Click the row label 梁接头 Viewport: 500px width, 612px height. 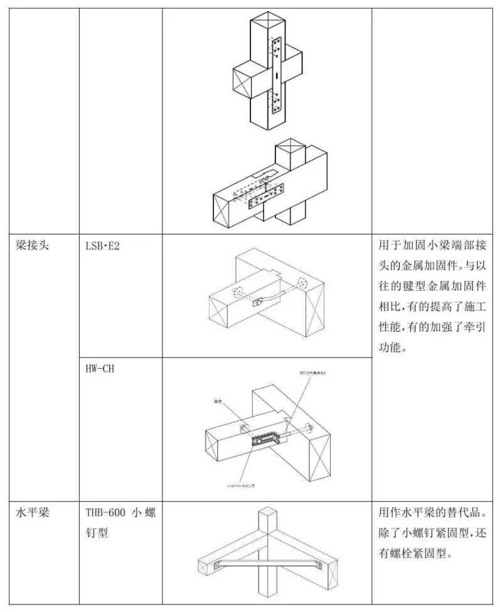click(x=33, y=245)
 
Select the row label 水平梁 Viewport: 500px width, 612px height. click(x=33, y=512)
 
